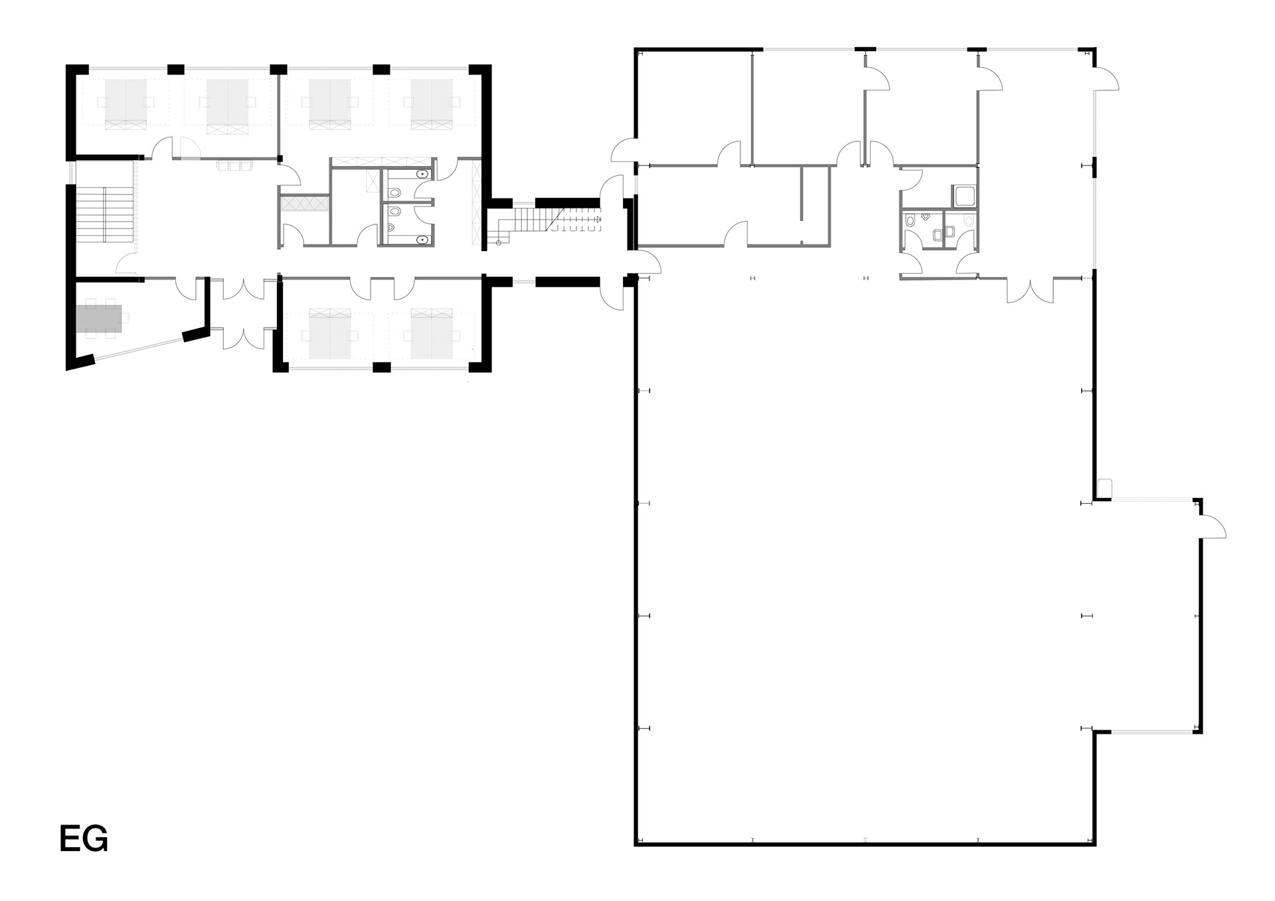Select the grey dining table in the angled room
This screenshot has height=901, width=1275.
pyautogui.click(x=99, y=318)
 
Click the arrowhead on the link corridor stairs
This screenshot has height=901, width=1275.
pyautogui.click(x=598, y=218)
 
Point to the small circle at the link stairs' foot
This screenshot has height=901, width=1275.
pyautogui.click(x=498, y=243)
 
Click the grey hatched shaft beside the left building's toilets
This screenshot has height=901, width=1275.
pyautogui.click(x=305, y=203)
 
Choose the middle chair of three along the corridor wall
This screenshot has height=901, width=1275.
pyautogui.click(x=233, y=165)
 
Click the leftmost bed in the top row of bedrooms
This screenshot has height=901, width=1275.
pyautogui.click(x=126, y=104)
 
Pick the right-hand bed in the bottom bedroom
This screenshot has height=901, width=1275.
pyautogui.click(x=432, y=333)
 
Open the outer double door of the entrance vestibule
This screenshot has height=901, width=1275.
pyautogui.click(x=244, y=338)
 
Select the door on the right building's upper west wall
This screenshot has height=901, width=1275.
pyautogui.click(x=625, y=149)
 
